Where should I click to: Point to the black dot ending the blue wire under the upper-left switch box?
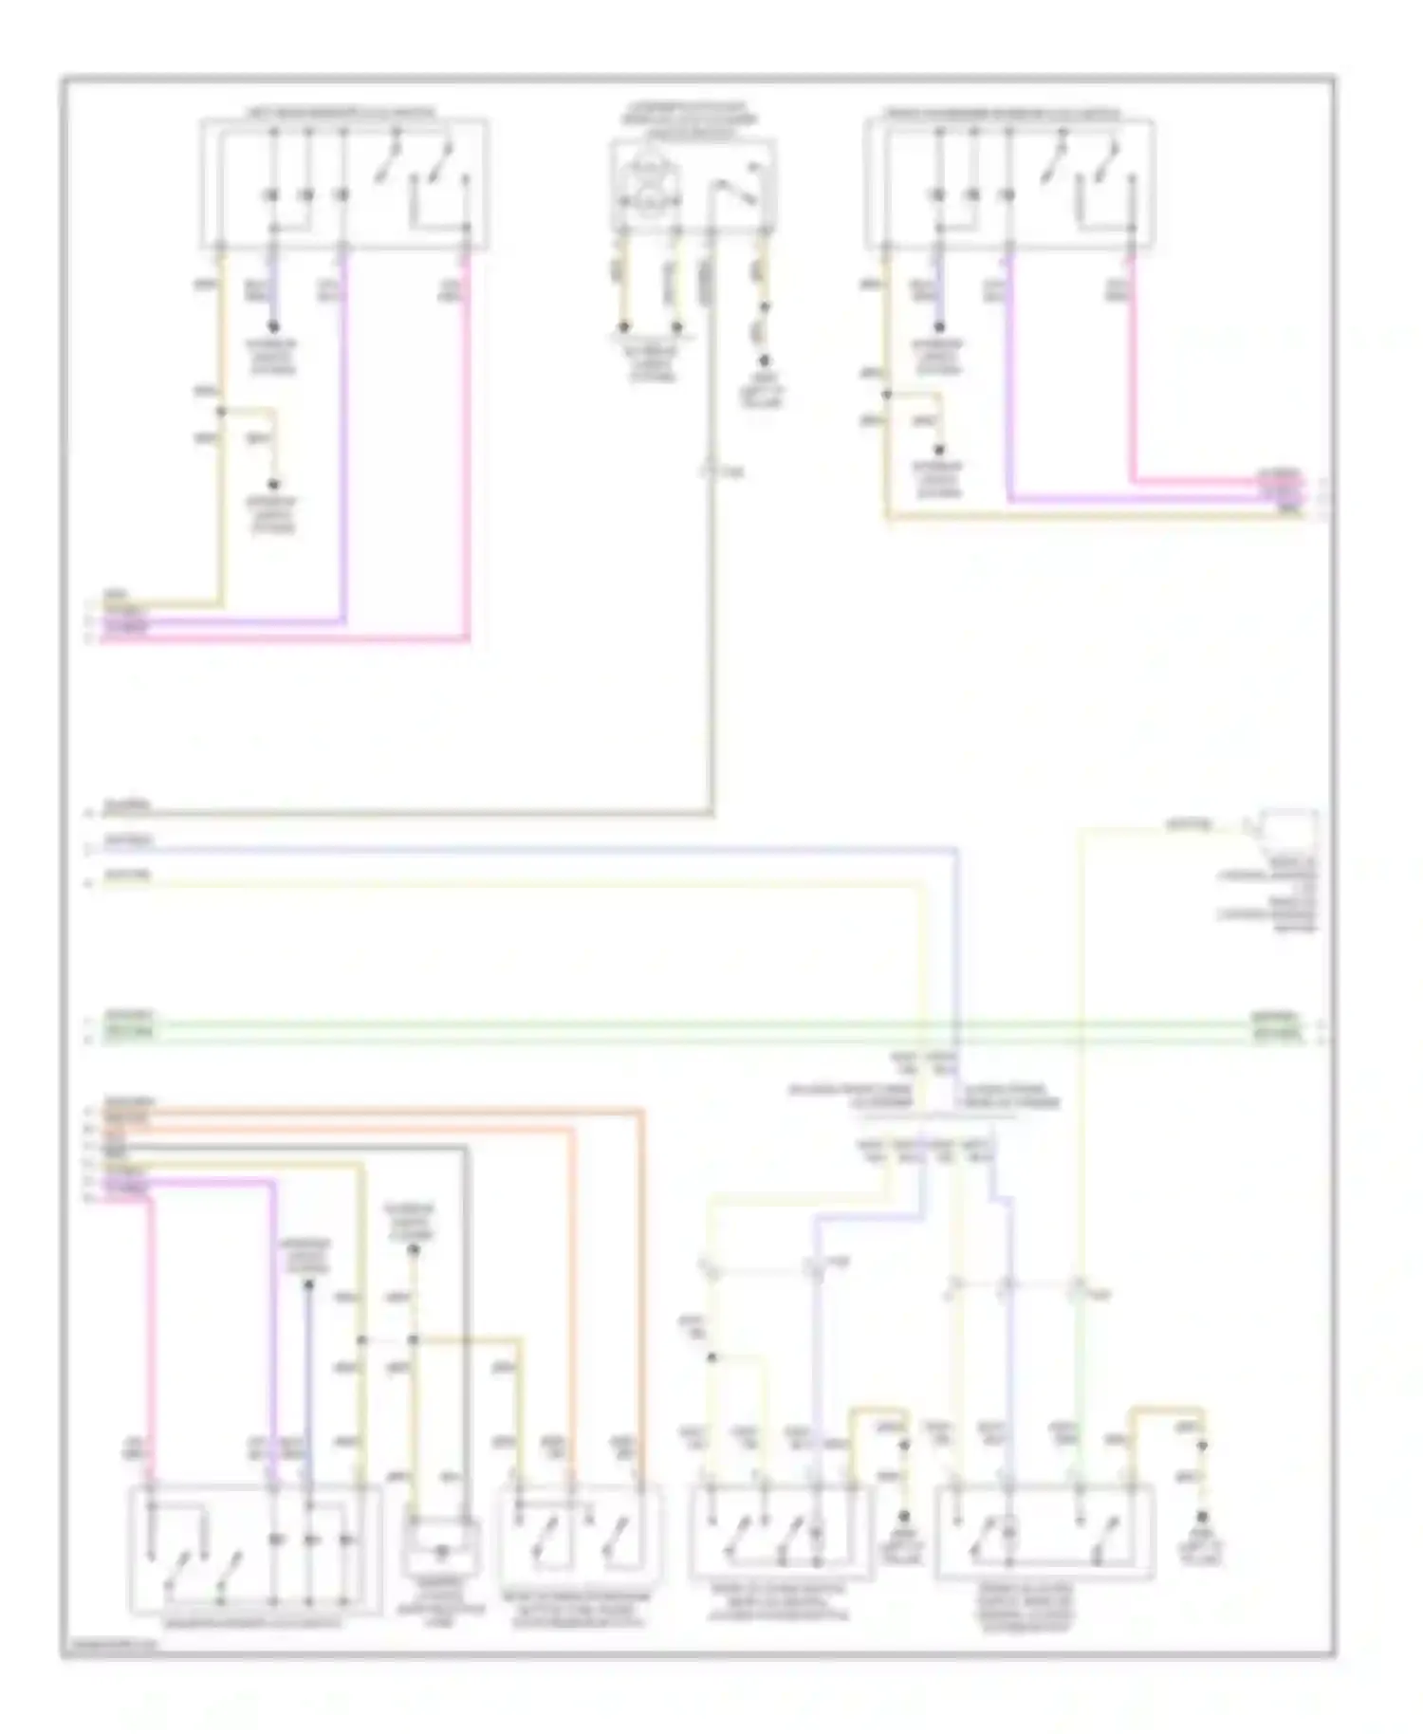[x=273, y=327]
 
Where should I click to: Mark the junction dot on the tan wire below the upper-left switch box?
[x=222, y=411]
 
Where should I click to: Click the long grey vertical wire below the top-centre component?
[x=711, y=645]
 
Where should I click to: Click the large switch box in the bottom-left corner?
[x=254, y=1550]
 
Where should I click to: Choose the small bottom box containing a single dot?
[x=440, y=1547]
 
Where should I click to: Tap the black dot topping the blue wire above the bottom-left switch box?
[x=307, y=1286]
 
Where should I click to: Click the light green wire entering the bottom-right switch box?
[x=1079, y=1385]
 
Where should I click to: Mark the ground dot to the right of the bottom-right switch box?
[x=1201, y=1519]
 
